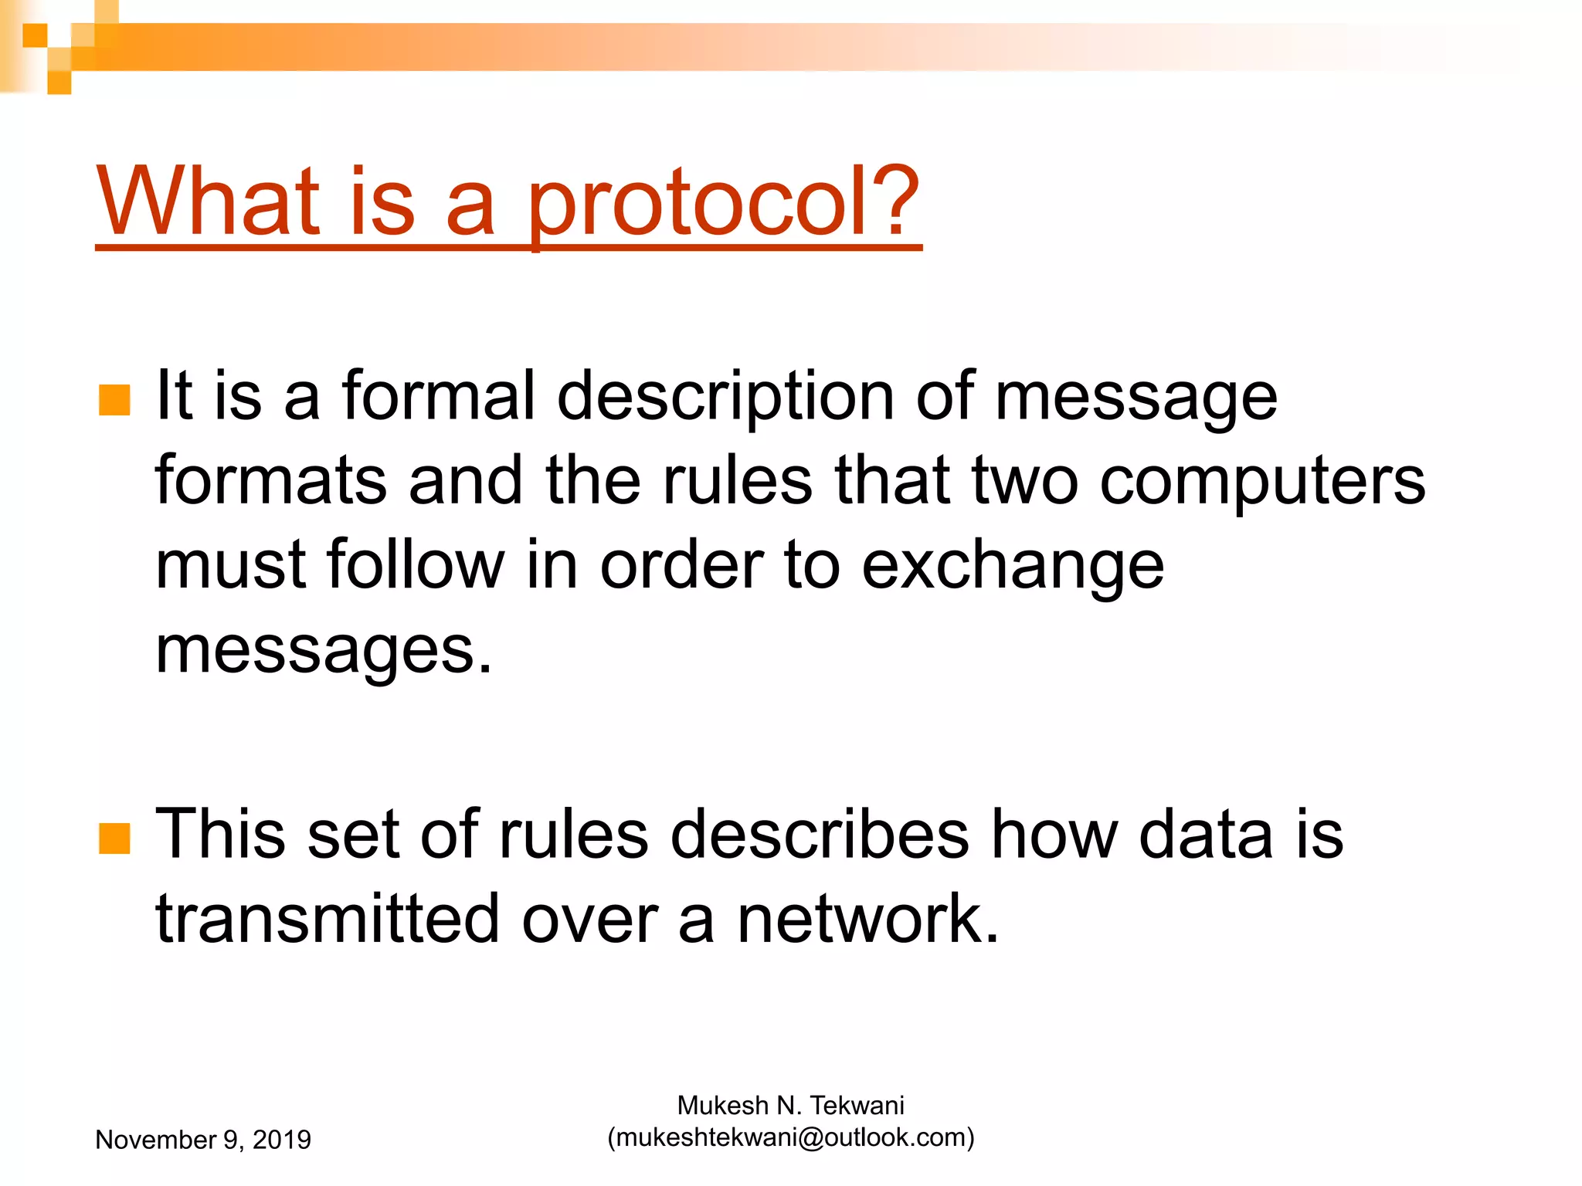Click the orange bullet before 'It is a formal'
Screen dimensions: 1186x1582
coord(115,400)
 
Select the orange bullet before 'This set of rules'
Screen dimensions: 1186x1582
coord(115,839)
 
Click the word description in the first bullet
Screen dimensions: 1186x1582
coord(725,397)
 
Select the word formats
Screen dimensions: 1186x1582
coord(270,480)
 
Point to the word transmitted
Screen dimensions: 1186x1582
coord(328,919)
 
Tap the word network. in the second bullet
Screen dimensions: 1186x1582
coord(867,919)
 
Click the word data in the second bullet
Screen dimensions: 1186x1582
coord(1205,835)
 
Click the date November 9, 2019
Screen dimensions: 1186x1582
coord(202,1140)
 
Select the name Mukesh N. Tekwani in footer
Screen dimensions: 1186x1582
coord(790,1106)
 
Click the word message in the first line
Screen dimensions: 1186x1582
coord(1136,397)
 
